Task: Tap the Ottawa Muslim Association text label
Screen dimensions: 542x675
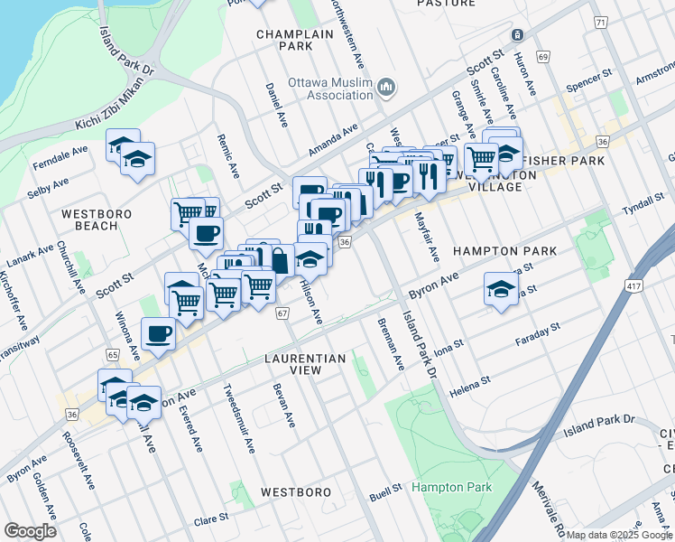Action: pos(328,88)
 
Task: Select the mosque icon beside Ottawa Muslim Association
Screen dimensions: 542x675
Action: pos(386,87)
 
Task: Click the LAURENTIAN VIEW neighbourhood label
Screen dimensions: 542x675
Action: pos(305,365)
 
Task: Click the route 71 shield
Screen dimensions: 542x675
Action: pos(600,22)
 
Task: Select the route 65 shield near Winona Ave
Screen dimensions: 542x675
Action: pos(113,355)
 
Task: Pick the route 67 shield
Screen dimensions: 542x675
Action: pos(282,313)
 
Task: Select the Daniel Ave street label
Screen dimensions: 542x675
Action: pos(276,105)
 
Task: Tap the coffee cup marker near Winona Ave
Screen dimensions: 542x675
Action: pos(160,333)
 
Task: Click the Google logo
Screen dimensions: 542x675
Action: pos(30,530)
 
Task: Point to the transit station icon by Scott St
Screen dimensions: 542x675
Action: pos(517,35)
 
